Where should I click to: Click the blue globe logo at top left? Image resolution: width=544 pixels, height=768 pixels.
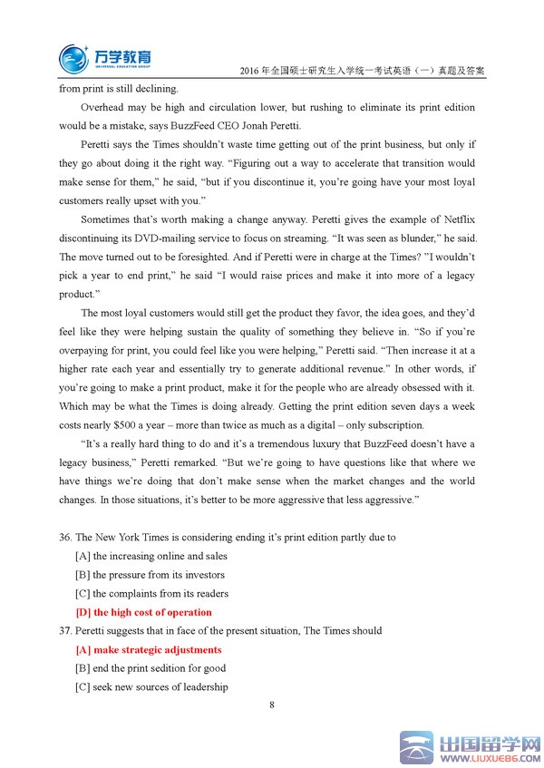pos(74,57)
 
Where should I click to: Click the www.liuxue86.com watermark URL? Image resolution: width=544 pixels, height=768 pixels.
pos(490,759)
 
